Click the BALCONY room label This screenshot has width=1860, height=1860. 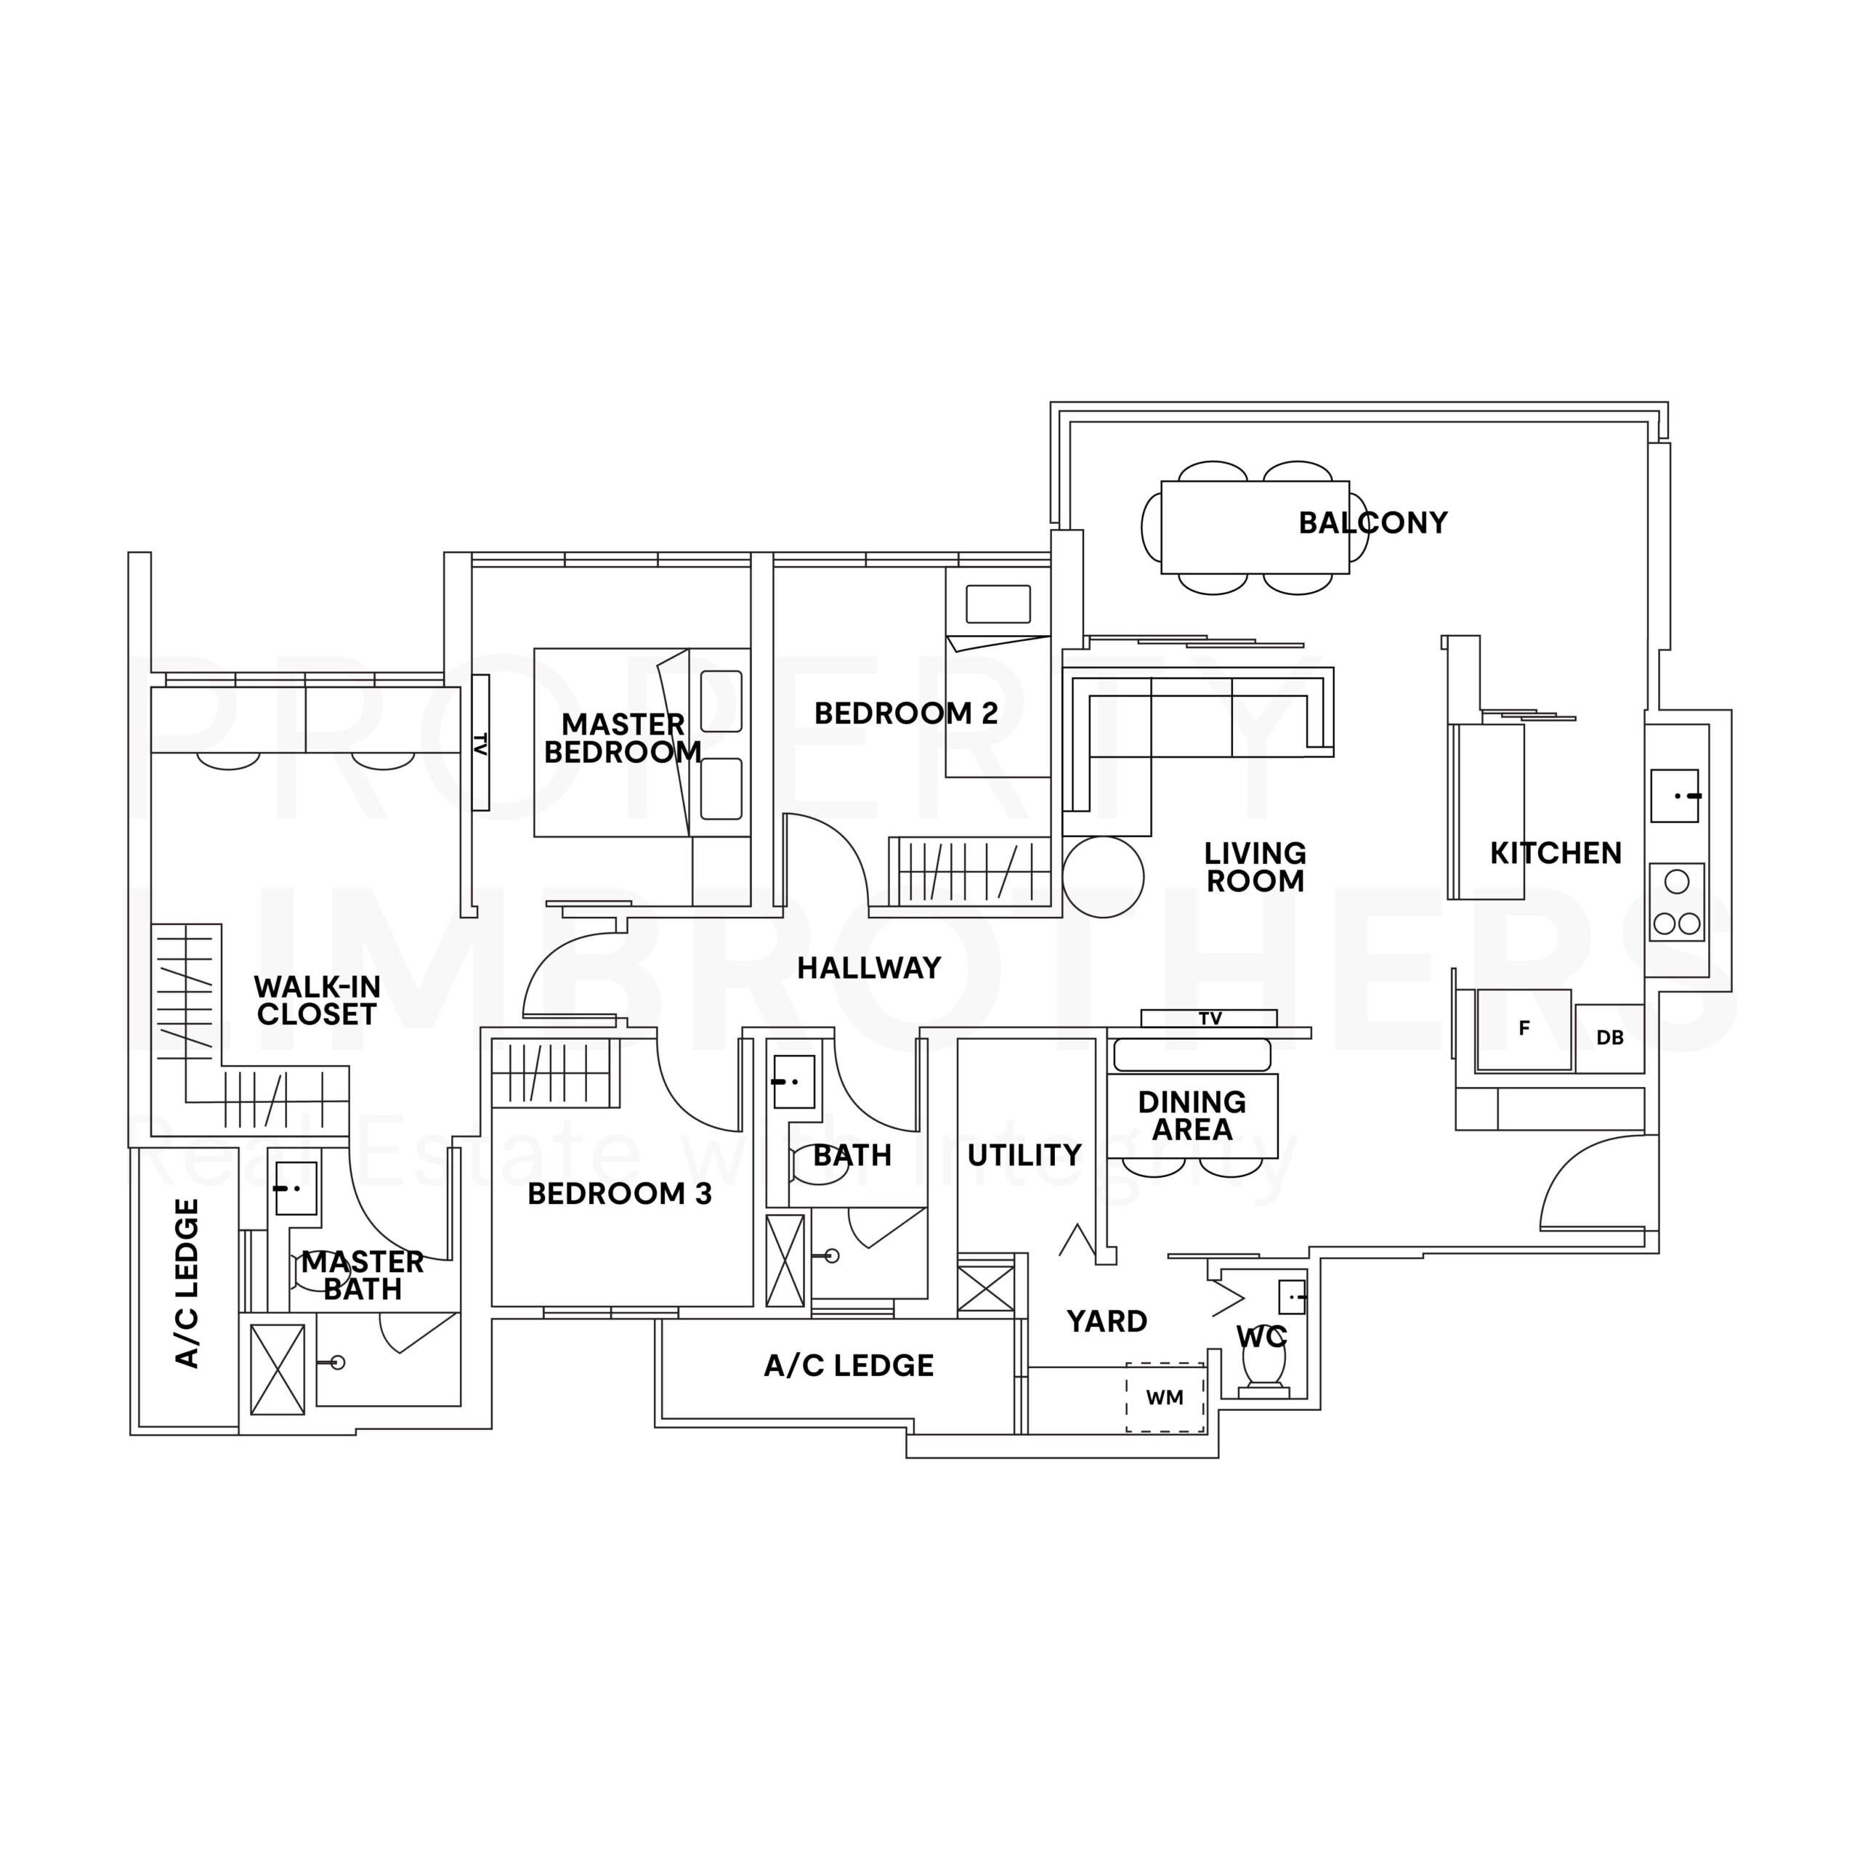[x=1373, y=523]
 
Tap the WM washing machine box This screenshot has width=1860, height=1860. [x=1165, y=1397]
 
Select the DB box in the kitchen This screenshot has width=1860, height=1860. [x=1609, y=1038]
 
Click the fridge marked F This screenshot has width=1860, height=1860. [x=1524, y=1029]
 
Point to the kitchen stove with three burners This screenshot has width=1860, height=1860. [x=1676, y=902]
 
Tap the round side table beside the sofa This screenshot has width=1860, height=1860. [x=1104, y=876]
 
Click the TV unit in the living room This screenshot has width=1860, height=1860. [x=1209, y=1018]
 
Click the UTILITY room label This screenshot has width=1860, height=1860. [x=1024, y=1155]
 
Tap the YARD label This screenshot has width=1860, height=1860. [x=1107, y=1321]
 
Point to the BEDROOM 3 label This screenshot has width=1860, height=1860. [x=619, y=1194]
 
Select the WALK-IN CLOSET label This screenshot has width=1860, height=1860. [x=317, y=1000]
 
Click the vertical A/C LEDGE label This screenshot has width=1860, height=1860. [x=187, y=1283]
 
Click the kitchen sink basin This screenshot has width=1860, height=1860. [x=1674, y=795]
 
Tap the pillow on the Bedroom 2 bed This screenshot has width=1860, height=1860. [x=998, y=604]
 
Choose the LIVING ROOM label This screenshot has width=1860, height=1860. [x=1255, y=867]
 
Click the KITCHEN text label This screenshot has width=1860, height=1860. [x=1556, y=853]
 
